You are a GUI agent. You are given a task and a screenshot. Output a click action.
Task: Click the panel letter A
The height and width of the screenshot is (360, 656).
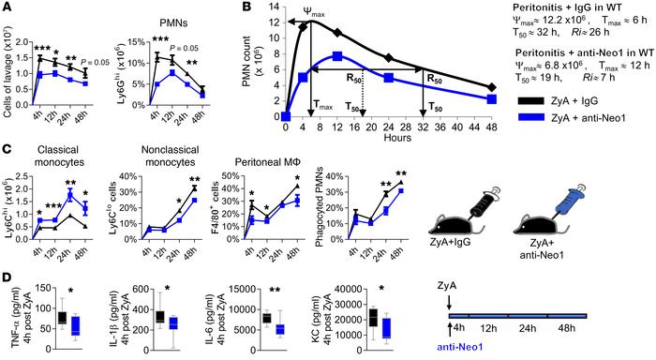coord(7,8)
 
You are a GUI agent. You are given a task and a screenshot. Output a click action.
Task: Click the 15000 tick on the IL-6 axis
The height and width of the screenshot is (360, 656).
coord(245,288)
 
